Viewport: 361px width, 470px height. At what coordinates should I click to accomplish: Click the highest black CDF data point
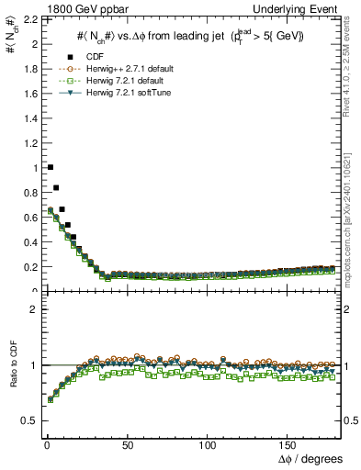pyautogui.click(x=50, y=167)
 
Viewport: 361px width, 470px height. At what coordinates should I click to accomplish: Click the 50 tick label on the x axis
pyautogui.click(x=127, y=445)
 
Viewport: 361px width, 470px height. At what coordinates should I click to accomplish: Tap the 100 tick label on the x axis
pyautogui.click(x=208, y=445)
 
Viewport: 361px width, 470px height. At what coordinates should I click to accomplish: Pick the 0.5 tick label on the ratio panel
pyautogui.click(x=28, y=420)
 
